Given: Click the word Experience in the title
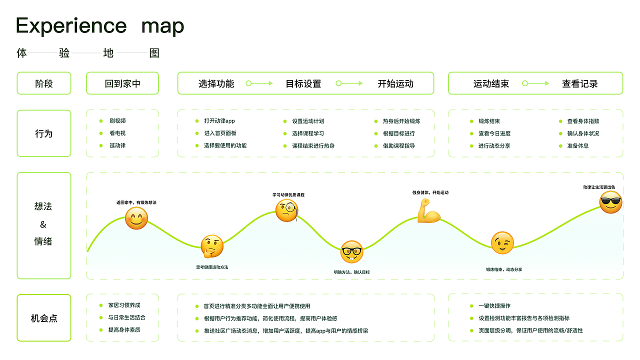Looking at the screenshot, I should pyautogui.click(x=71, y=26).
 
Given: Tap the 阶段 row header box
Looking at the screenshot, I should pyautogui.click(x=44, y=83).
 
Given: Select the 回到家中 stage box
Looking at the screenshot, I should pyautogui.click(x=122, y=83).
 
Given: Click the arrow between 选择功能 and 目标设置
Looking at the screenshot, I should pyautogui.click(x=259, y=83).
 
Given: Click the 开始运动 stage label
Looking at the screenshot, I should pyautogui.click(x=395, y=84).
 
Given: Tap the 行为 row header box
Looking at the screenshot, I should pyautogui.click(x=44, y=133).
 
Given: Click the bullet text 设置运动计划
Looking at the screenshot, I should pyautogui.click(x=308, y=121).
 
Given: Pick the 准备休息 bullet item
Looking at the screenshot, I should pyautogui.click(x=577, y=146).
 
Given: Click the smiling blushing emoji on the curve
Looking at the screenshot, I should pyautogui.click(x=136, y=218).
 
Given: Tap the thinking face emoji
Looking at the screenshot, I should pyautogui.click(x=212, y=246).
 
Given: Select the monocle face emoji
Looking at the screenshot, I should pyautogui.click(x=287, y=210).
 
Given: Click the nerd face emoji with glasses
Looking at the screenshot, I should pyautogui.click(x=351, y=251).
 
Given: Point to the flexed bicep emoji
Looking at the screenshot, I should pyautogui.click(x=429, y=211).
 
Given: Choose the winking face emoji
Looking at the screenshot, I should pyautogui.click(x=502, y=243).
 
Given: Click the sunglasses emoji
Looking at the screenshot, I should pyautogui.click(x=611, y=202).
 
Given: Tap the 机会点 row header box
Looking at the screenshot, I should pyautogui.click(x=44, y=318).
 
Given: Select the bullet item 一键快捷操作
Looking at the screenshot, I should pyautogui.click(x=494, y=306).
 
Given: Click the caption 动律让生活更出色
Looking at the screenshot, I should pyautogui.click(x=599, y=187).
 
